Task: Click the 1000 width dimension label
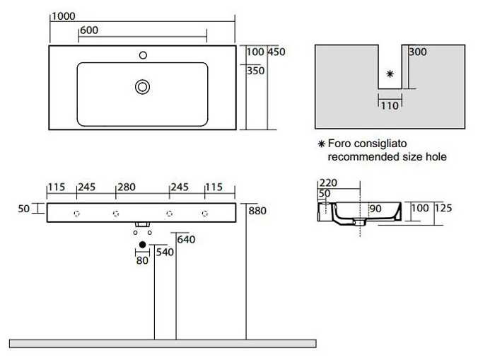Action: point(64,16)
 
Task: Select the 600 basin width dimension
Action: point(89,30)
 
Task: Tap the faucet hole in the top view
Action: point(143,55)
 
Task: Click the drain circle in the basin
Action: point(142,87)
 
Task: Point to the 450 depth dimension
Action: point(276,52)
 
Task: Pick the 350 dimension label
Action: point(255,71)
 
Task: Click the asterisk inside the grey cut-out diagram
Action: point(390,74)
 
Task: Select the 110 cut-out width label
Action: point(390,106)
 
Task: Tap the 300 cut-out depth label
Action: point(418,52)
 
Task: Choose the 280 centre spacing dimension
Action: point(127,187)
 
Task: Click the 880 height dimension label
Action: point(257,211)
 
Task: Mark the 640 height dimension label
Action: point(186,240)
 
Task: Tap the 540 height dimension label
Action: point(165,252)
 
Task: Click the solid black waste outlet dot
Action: point(142,245)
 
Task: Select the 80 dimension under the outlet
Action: point(142,260)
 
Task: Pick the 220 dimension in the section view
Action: point(328,183)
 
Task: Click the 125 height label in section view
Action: point(443,208)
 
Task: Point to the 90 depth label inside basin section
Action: point(375,209)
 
